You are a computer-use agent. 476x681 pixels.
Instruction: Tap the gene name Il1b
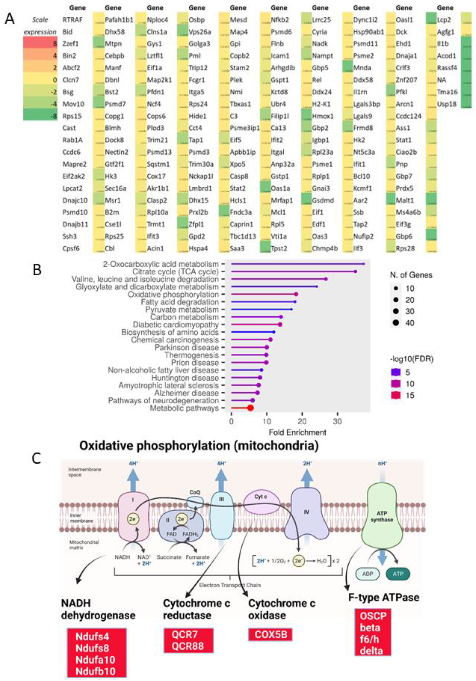pyautogui.click(x=443, y=44)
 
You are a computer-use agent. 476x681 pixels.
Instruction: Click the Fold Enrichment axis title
pyautogui.click(x=298, y=432)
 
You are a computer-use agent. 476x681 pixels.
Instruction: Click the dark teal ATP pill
pyautogui.click(x=398, y=574)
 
